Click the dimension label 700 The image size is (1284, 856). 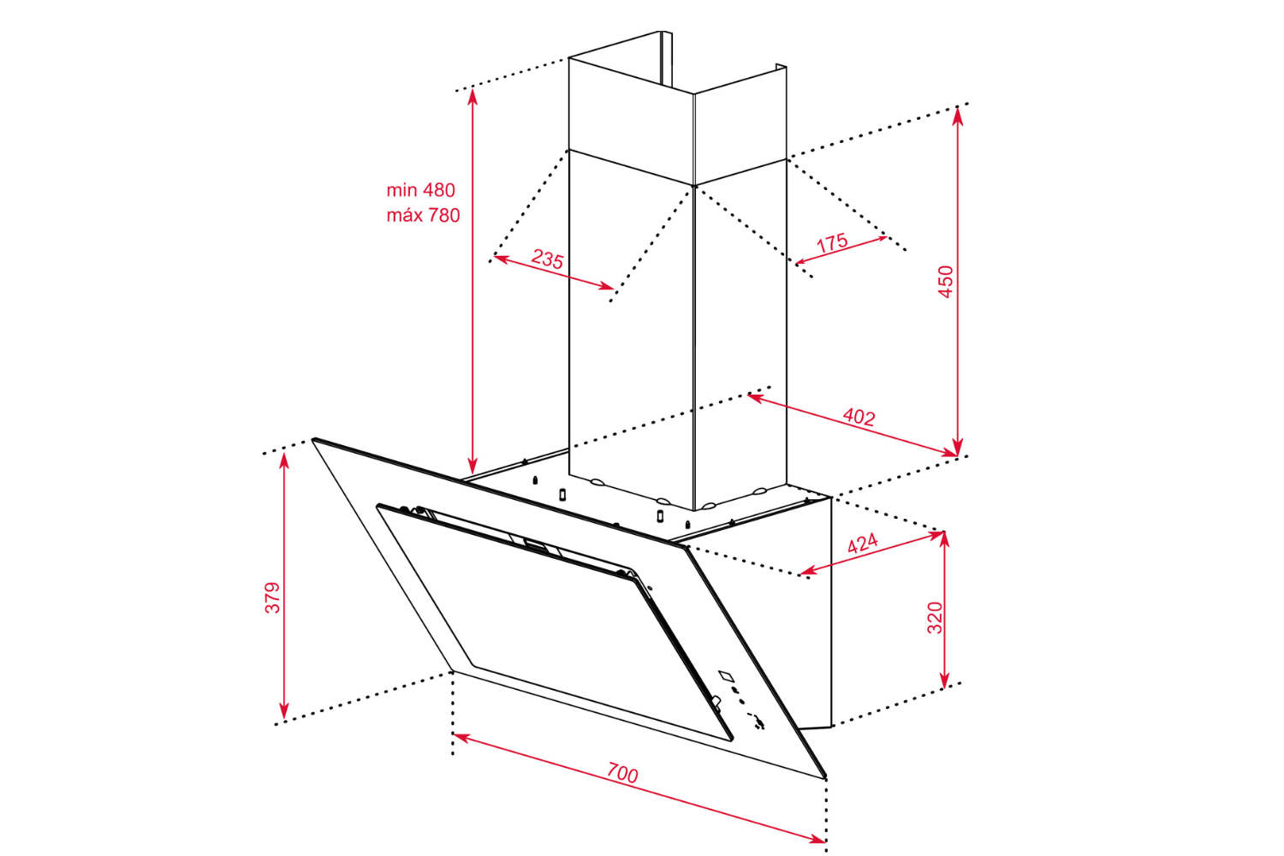[622, 773]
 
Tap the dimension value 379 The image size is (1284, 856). [272, 597]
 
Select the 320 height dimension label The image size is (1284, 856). [935, 617]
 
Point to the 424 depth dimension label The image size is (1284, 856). [862, 544]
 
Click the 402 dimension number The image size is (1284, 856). [859, 417]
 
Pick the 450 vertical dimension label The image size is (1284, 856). [945, 282]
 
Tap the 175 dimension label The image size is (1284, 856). [832, 243]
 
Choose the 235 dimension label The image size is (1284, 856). [547, 259]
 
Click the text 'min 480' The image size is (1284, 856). [420, 190]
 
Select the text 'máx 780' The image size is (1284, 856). [423, 216]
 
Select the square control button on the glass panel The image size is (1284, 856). [726, 676]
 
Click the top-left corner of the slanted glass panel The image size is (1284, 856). [314, 440]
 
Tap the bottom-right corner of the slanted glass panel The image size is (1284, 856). [825, 777]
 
